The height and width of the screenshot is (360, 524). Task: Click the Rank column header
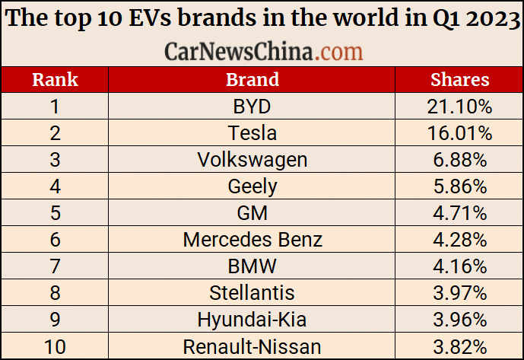click(55, 79)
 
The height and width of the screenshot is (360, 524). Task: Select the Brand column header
click(252, 79)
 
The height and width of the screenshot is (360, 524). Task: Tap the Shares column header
click(459, 79)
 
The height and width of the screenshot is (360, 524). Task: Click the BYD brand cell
click(252, 107)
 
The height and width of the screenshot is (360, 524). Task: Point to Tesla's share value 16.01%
click(459, 133)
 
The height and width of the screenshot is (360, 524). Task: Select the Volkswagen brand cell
click(252, 160)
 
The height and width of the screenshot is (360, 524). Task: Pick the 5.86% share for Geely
click(459, 186)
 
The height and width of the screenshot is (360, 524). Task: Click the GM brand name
click(252, 213)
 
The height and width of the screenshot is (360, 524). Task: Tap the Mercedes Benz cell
click(252, 240)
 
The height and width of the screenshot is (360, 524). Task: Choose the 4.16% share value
click(459, 267)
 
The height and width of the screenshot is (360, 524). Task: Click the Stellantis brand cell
click(252, 294)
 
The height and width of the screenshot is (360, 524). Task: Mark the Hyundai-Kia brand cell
click(252, 320)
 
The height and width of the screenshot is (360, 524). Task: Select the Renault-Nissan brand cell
click(252, 347)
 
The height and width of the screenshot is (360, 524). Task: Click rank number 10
click(55, 347)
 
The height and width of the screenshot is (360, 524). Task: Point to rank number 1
click(55, 107)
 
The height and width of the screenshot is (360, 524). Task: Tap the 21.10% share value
click(459, 107)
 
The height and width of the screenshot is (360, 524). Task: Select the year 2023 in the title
click(486, 18)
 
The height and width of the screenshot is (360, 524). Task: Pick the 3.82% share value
click(459, 347)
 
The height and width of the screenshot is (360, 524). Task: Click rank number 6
click(55, 240)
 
